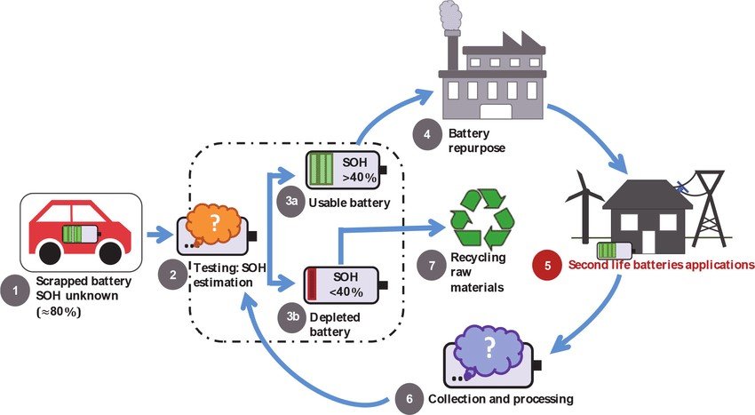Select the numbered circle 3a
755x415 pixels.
[x=291, y=204]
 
